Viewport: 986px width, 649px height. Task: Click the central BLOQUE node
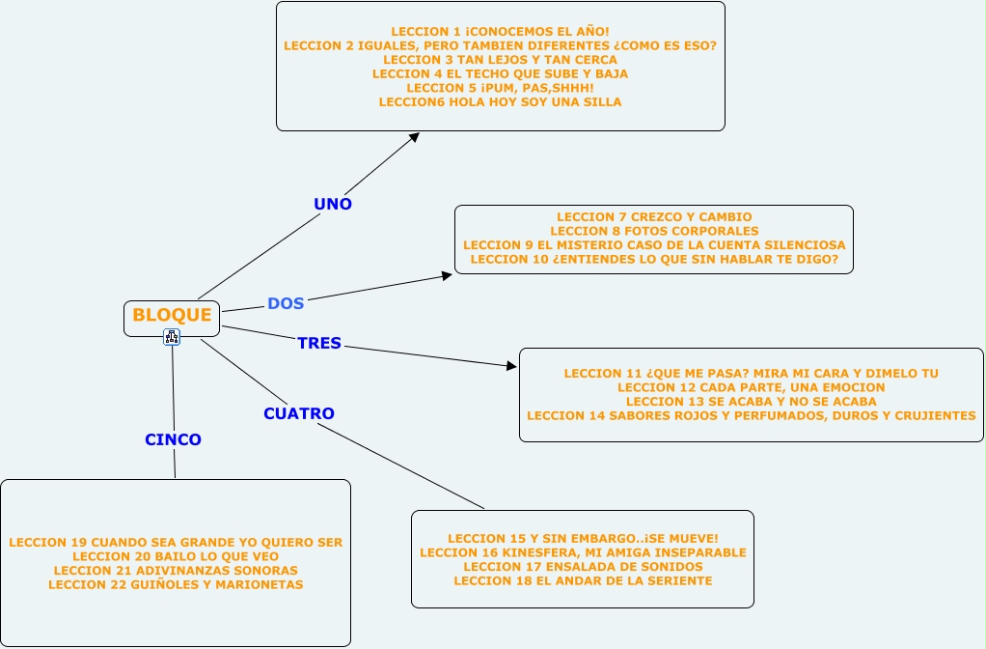coord(172,315)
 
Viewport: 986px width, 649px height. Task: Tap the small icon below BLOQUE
coord(172,336)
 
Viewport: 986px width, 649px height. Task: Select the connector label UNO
coord(333,204)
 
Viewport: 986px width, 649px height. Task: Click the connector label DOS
coord(286,303)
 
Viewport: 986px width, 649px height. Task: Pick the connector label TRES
coord(319,343)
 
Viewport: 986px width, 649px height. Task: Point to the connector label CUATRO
coord(299,413)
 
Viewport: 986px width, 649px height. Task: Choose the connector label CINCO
coord(174,439)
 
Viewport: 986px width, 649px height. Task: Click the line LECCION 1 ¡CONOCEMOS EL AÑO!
coord(500,32)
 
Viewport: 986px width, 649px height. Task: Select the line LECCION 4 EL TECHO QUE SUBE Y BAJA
coord(500,73)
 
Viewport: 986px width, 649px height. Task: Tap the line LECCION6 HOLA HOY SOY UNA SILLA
coord(500,101)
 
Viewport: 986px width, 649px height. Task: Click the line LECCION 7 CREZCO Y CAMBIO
coord(654,217)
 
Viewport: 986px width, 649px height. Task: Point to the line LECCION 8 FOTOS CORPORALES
coord(654,231)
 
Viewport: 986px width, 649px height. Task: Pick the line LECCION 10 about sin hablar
coord(654,259)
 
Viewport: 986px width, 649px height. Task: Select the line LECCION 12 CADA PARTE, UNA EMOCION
coord(751,387)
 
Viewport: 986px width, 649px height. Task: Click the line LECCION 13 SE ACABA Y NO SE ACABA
coord(751,401)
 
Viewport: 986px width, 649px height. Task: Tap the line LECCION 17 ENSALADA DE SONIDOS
coord(583,566)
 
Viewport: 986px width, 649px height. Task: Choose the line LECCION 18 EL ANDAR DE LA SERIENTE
coord(583,580)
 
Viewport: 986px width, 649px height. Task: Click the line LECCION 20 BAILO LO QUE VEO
coord(176,556)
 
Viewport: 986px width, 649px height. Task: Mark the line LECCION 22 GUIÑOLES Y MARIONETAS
coord(176,584)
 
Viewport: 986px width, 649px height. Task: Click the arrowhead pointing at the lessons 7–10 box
coord(446,276)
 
